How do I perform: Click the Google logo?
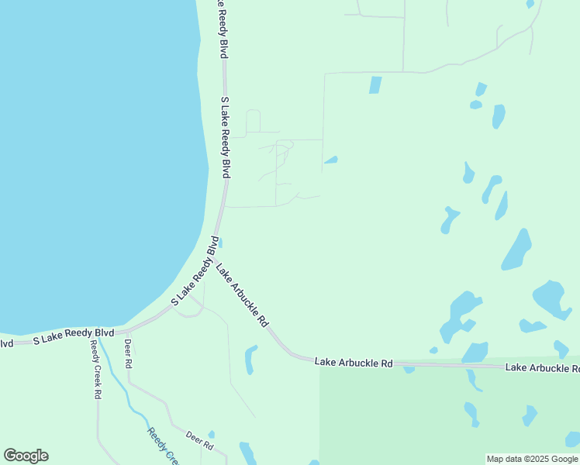coord(26,456)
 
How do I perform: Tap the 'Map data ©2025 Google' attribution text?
coord(532,459)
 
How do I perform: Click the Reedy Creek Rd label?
coord(95,369)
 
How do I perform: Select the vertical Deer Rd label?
coord(128,353)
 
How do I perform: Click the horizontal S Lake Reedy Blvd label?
coord(73,336)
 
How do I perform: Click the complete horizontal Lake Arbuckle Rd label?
coord(354,363)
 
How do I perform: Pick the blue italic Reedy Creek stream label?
coord(163,445)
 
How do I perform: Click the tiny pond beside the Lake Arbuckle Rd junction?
coord(221,243)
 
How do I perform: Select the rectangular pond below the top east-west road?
coord(375,84)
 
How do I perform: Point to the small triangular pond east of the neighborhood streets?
coord(331,160)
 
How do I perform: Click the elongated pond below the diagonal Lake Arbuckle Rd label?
coord(250,360)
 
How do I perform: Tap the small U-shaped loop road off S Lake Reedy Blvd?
coord(253,122)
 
